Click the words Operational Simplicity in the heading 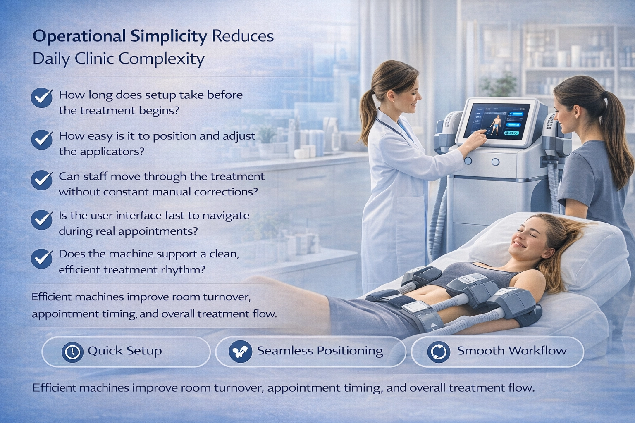119,36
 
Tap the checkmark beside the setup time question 42,98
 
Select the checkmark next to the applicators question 42,139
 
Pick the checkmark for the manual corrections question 42,180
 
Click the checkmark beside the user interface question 42,219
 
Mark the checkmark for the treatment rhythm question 42,258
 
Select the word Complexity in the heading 161,59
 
